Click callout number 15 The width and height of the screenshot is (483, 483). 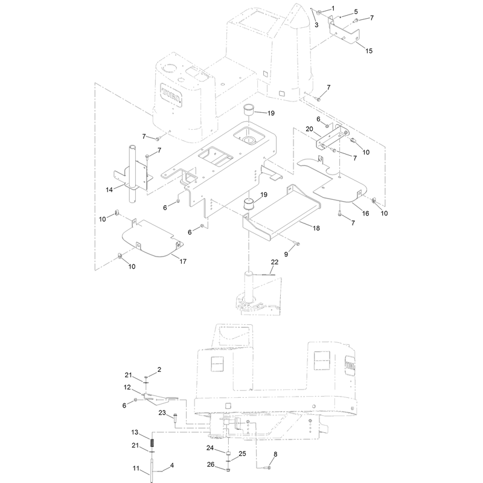(369, 51)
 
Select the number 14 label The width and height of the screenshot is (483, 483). (109, 190)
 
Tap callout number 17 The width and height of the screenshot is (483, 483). (183, 261)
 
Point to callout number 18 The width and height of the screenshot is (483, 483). (316, 228)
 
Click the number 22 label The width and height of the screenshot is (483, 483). (275, 262)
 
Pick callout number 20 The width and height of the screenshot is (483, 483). (309, 129)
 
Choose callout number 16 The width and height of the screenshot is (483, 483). (365, 214)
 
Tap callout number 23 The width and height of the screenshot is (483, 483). (162, 413)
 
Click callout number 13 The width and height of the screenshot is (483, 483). (135, 432)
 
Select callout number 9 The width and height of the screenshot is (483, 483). (286, 254)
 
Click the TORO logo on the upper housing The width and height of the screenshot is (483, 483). (171, 95)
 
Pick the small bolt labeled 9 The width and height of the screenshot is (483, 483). (298, 243)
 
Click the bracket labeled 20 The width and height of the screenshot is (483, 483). (331, 138)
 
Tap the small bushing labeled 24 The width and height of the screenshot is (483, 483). (229, 454)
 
